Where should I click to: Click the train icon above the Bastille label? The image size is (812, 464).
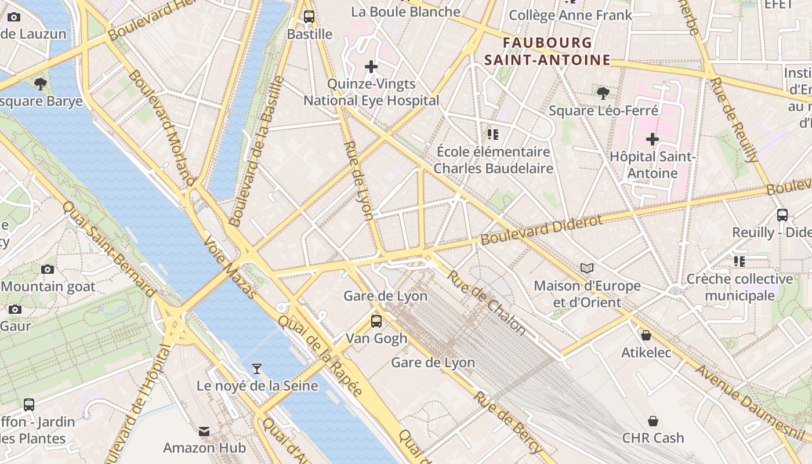tap(309, 17)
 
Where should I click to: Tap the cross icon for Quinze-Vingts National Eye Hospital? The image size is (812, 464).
tap(371, 67)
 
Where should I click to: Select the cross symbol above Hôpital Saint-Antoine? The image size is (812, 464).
tap(652, 139)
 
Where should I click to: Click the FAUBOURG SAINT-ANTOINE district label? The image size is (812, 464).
tap(548, 51)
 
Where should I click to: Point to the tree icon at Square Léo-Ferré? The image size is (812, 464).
tap(603, 93)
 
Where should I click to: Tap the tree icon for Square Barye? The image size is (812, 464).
tap(41, 84)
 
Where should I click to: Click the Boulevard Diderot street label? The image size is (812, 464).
tap(542, 230)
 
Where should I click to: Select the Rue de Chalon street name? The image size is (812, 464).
tap(486, 303)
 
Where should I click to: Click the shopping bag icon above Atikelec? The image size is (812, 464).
tap(646, 335)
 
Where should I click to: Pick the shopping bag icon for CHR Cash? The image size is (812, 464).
tap(653, 420)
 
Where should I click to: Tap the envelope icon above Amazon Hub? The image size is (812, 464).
tap(204, 431)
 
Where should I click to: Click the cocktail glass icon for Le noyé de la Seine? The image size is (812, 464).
tap(257, 368)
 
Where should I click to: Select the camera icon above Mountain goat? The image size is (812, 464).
tap(48, 269)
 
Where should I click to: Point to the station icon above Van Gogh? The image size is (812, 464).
tap(376, 321)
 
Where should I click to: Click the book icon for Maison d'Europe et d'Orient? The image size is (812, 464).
tap(587, 268)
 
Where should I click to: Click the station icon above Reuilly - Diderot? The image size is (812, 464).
tap(782, 215)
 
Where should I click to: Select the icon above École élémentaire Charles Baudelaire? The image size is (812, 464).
tap(493, 135)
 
